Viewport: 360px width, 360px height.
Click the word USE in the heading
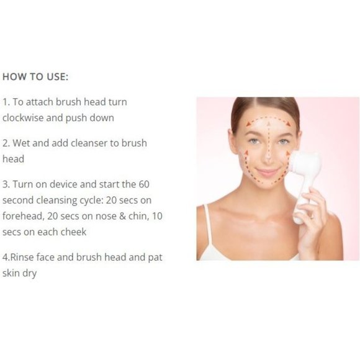click(x=57, y=77)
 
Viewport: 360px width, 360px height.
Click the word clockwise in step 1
click(x=23, y=118)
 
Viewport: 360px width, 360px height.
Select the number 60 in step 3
click(x=144, y=184)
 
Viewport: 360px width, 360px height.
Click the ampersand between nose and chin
click(x=123, y=216)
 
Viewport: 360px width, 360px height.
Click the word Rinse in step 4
click(x=22, y=257)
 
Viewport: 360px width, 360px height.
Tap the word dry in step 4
click(x=29, y=274)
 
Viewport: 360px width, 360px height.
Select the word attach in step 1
click(x=40, y=102)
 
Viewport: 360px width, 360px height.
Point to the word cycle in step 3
click(x=91, y=200)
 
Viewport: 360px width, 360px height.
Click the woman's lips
click(x=268, y=172)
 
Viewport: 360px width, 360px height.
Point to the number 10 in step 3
click(x=157, y=216)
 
